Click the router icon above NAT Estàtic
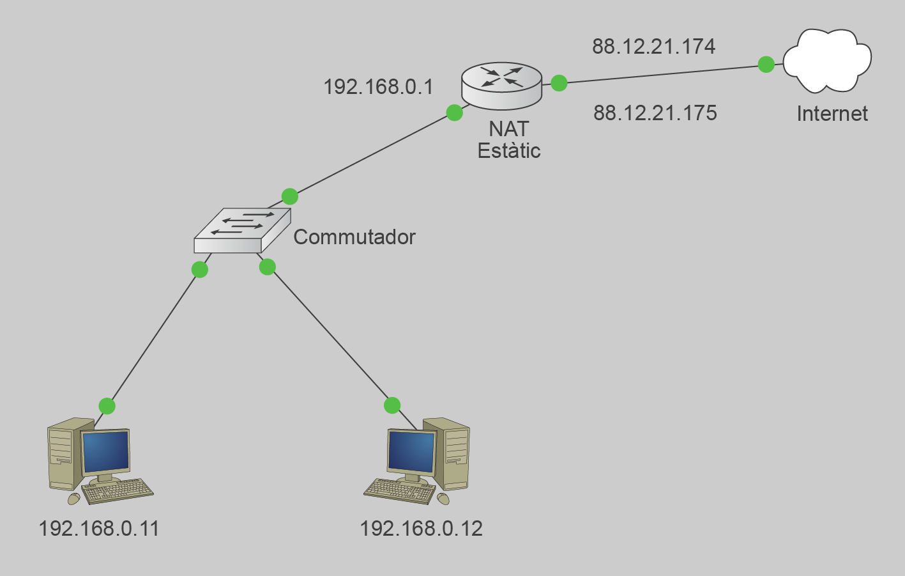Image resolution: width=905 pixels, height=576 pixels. coord(501,85)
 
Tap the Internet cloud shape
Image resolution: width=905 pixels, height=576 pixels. coord(826,60)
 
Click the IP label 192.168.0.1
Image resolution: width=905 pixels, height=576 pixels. coord(378,87)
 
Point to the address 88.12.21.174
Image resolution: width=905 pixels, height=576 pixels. coord(653,47)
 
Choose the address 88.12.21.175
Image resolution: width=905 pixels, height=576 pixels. coord(655,113)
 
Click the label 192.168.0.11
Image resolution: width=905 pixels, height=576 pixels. coord(98,529)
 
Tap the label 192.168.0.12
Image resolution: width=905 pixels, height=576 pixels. coord(421,529)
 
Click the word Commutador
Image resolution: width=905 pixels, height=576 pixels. coord(354,237)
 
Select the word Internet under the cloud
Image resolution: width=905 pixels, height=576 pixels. coord(832,114)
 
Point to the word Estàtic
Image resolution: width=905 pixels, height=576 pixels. coord(509,151)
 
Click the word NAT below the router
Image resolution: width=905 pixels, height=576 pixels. coord(508,129)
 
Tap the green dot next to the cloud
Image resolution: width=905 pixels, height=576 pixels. coord(766,64)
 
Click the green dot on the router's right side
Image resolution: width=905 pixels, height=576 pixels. coord(559,82)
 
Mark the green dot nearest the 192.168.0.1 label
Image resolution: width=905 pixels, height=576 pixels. coord(454,113)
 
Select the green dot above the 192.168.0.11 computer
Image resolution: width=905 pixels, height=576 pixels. coord(107,406)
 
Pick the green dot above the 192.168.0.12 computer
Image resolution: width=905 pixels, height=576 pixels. coord(392,405)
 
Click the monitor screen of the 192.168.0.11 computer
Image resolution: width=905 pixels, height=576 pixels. coord(106,451)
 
